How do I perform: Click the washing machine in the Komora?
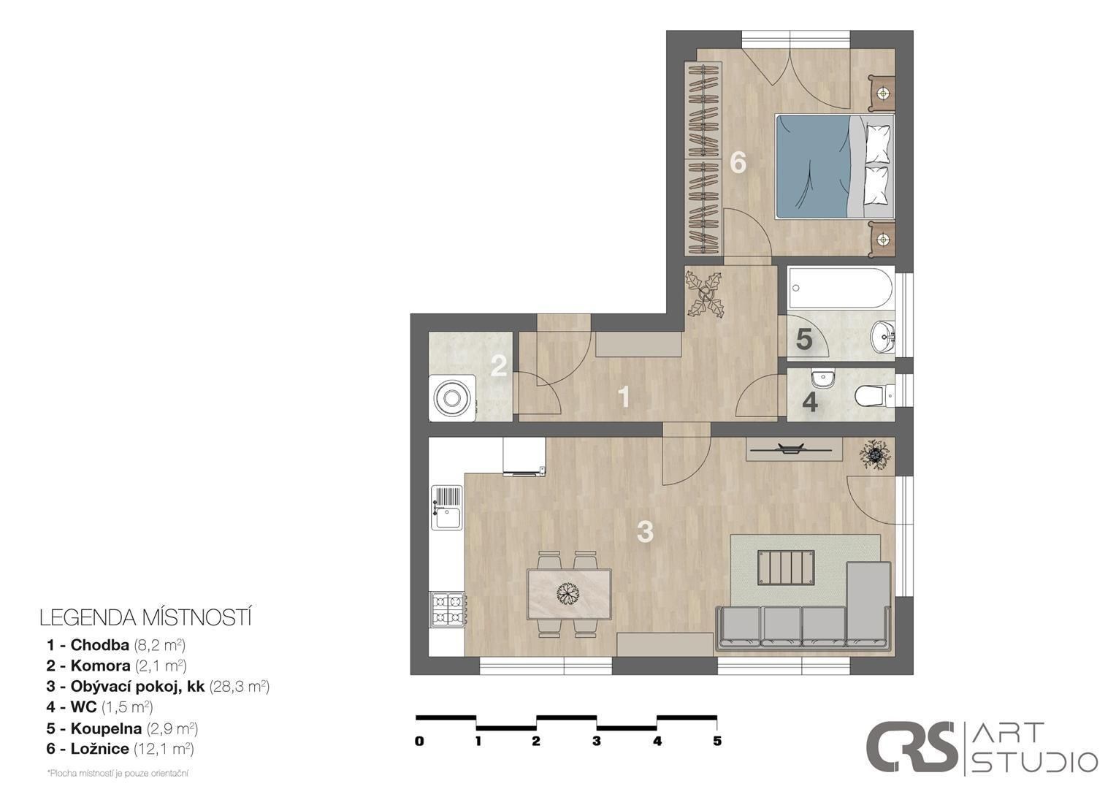point(452,398)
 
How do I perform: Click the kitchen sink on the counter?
point(447,508)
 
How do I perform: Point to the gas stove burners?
point(448,609)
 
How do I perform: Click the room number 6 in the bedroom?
point(738,162)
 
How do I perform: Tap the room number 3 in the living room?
point(645,532)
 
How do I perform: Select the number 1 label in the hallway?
point(624,397)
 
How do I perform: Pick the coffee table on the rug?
point(786,567)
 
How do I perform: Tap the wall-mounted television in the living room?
point(794,449)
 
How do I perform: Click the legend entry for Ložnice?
point(120,749)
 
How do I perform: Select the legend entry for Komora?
point(117,666)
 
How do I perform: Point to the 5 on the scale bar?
point(717,741)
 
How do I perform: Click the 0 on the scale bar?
point(419,741)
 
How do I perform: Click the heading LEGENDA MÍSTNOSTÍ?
point(145,617)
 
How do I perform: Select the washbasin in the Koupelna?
point(883,337)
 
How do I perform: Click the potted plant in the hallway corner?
point(705,294)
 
